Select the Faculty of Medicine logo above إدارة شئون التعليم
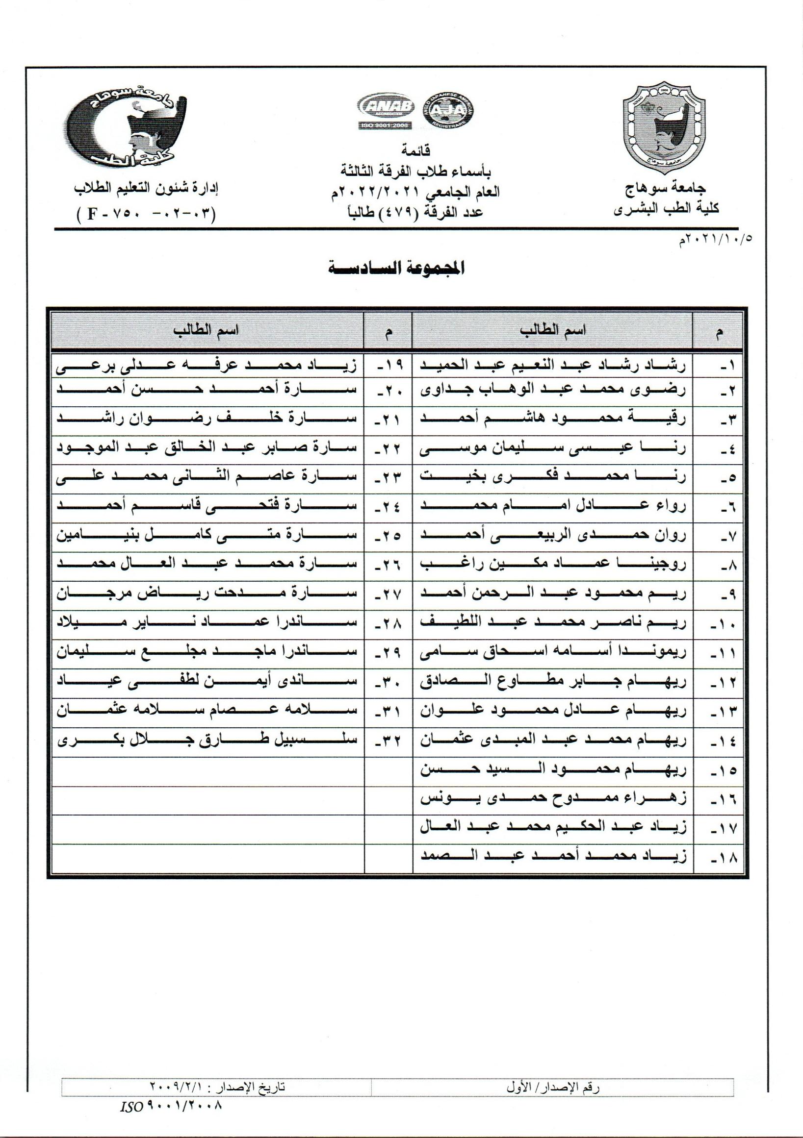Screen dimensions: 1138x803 tap(128, 127)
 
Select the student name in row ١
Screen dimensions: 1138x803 tap(552, 366)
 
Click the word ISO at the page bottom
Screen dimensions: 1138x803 tap(131, 1103)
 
